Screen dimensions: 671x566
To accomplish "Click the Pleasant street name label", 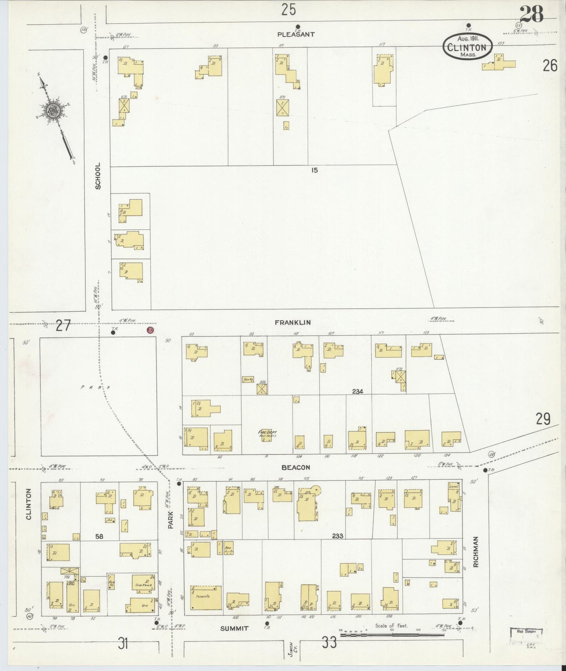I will point(296,34).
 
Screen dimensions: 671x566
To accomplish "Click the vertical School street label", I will point(98,176).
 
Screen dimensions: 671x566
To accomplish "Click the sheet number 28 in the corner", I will point(532,15).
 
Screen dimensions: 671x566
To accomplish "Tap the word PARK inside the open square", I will point(96,387).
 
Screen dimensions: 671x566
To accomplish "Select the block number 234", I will point(357,391).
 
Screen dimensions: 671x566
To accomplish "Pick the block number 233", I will point(337,536).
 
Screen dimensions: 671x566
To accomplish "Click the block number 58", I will point(99,536).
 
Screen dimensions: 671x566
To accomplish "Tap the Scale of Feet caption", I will point(391,626).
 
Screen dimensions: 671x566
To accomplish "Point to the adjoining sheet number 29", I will point(543,419).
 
